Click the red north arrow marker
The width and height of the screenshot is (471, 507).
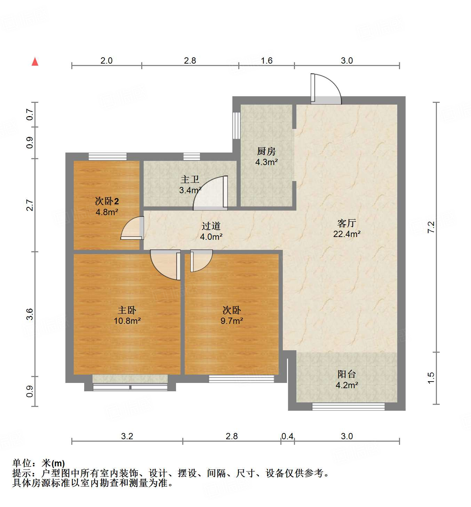[35, 62]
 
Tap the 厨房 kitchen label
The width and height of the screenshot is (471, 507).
[266, 151]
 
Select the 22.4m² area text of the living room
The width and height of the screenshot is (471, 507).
[346, 234]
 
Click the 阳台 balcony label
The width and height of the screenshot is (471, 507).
[346, 374]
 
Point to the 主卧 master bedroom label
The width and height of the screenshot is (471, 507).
[127, 310]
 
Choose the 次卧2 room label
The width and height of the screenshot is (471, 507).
[107, 201]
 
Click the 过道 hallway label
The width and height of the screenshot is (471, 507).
[211, 226]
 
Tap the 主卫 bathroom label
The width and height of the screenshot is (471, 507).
[190, 180]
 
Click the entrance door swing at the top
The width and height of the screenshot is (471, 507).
[326, 89]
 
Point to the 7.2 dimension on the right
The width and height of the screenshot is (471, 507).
[431, 227]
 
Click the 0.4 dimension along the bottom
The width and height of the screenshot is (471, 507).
[287, 436]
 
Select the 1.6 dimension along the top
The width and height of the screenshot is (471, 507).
[266, 60]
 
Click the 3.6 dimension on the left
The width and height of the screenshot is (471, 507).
[30, 314]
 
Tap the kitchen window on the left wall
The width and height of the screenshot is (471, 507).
[237, 125]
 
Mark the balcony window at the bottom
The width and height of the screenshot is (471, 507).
[348, 406]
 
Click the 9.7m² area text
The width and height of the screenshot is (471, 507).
[232, 321]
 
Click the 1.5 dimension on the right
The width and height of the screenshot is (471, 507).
[431, 378]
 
